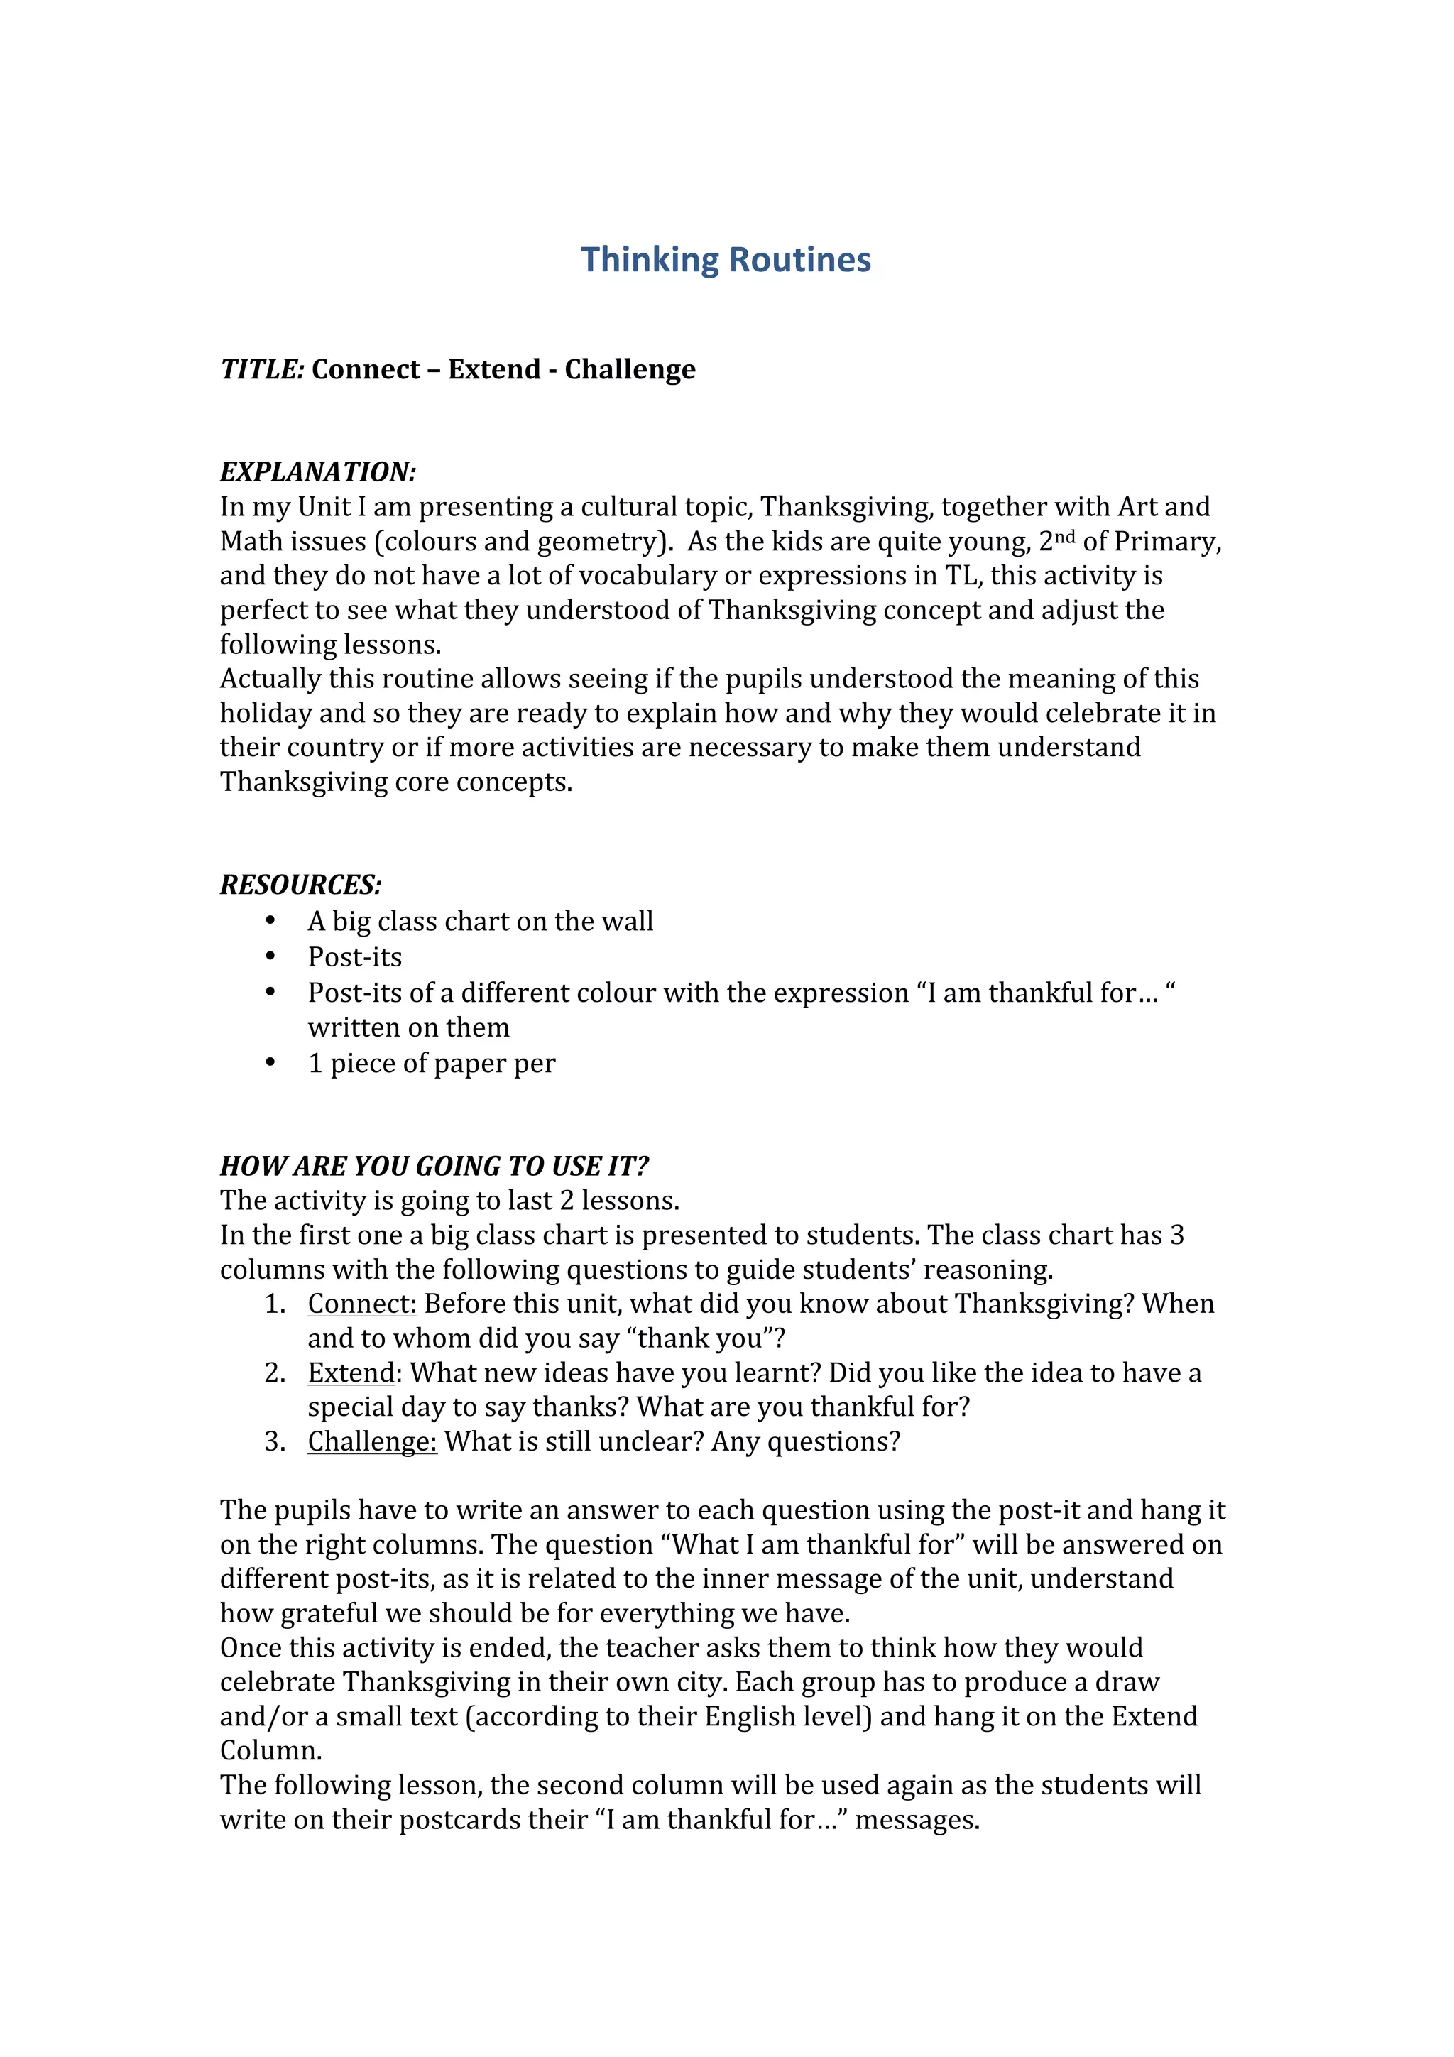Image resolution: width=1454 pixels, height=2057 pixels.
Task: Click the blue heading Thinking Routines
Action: pos(726,260)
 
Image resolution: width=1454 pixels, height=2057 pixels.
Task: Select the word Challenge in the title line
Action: pos(630,369)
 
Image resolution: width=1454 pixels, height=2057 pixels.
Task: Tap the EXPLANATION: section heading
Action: pos(318,472)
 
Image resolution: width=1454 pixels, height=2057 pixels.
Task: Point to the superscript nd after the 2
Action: pos(1064,536)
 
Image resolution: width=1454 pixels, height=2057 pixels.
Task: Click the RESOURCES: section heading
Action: pos(301,885)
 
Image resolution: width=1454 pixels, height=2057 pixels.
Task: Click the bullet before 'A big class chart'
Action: pos(270,920)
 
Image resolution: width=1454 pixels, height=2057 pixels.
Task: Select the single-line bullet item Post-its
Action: pos(355,957)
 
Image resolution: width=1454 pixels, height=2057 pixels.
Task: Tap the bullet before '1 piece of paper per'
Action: pos(270,1062)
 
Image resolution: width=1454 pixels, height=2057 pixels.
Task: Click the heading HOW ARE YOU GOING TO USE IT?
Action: pos(434,1166)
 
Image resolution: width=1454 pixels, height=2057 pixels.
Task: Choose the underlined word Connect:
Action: pos(362,1304)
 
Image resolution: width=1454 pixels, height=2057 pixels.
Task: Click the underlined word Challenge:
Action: pos(372,1441)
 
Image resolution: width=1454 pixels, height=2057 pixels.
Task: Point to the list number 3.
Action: pos(274,1441)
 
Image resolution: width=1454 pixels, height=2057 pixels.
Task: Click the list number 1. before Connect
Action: pos(274,1304)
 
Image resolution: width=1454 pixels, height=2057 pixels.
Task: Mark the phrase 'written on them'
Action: pos(408,1027)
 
